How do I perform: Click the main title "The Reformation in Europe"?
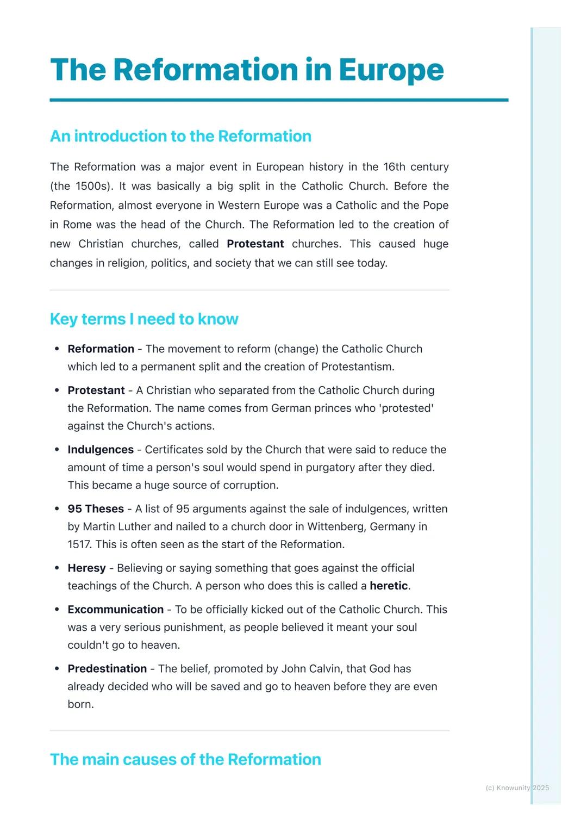pos(247,70)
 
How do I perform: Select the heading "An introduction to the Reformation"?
pos(180,136)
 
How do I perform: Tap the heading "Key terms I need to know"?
pos(144,319)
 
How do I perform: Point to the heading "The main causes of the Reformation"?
pos(185,759)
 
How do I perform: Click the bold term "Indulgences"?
pos(101,450)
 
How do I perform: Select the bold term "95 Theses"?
pos(96,509)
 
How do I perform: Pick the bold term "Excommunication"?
pos(115,610)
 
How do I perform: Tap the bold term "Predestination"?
pos(107,669)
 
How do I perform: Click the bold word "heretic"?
pos(389,586)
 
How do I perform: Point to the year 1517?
pos(79,544)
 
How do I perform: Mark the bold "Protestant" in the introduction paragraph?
pos(255,244)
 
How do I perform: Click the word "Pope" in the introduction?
pos(435,206)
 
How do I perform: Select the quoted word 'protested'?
pos(408,408)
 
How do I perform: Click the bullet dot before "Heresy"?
pos(57,568)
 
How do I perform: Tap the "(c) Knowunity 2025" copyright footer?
pos(517,787)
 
